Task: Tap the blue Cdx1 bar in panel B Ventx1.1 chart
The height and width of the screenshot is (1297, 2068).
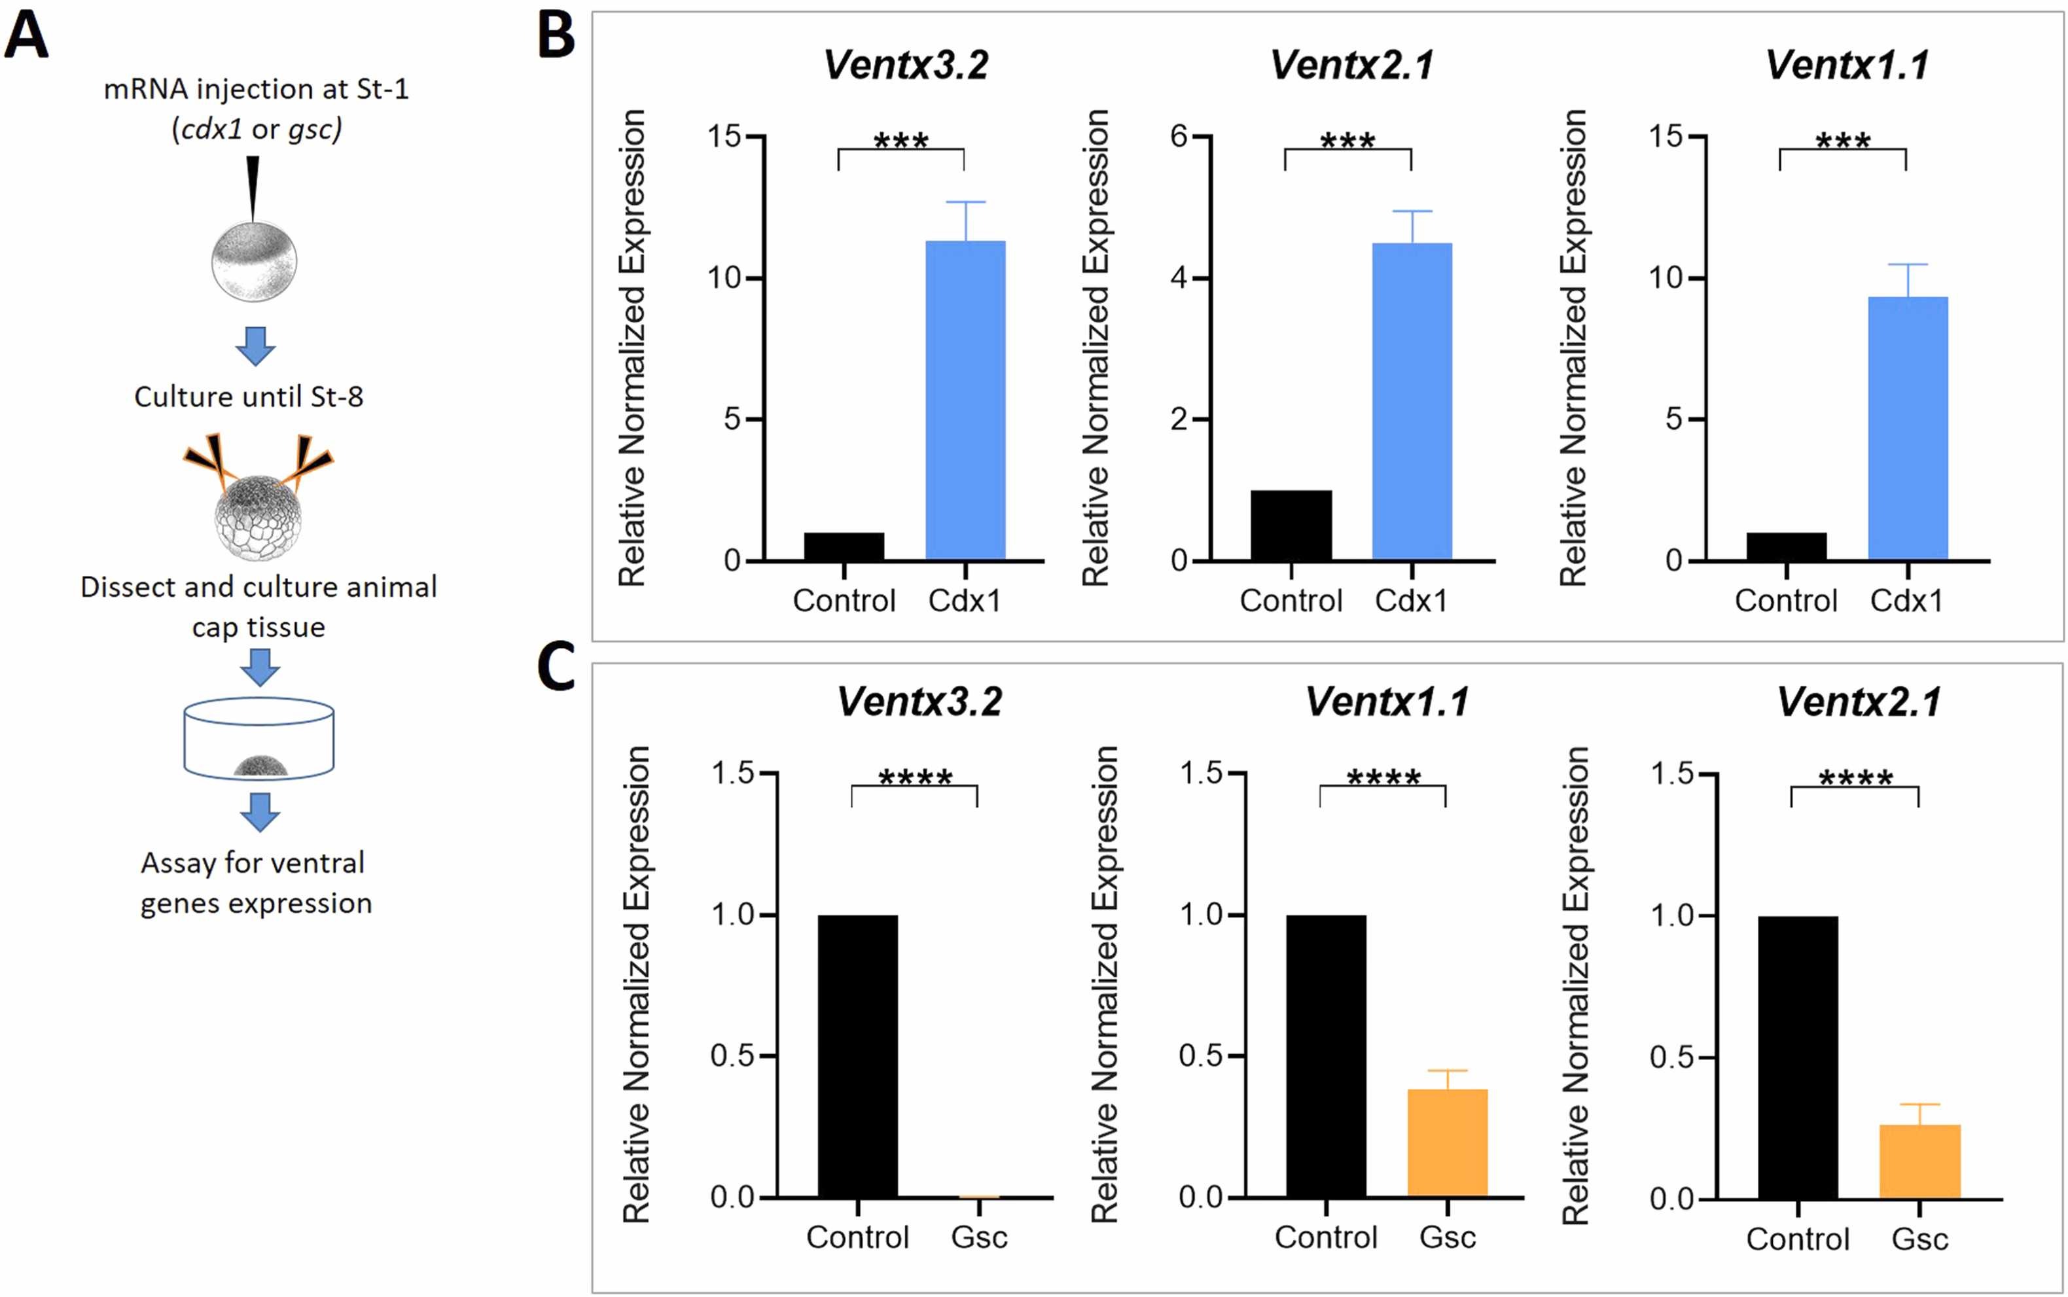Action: [x=1908, y=428]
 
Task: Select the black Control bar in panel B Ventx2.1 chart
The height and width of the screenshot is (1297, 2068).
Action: [x=1291, y=525]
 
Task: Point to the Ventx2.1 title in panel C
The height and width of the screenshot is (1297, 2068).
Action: [x=1859, y=702]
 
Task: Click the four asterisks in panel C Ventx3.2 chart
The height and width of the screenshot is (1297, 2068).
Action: [x=915, y=777]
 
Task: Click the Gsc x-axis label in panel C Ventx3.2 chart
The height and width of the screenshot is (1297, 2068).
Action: [x=978, y=1237]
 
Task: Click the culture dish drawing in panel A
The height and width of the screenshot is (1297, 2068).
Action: [x=259, y=737]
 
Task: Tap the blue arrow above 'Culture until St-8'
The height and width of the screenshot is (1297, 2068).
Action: [x=256, y=346]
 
